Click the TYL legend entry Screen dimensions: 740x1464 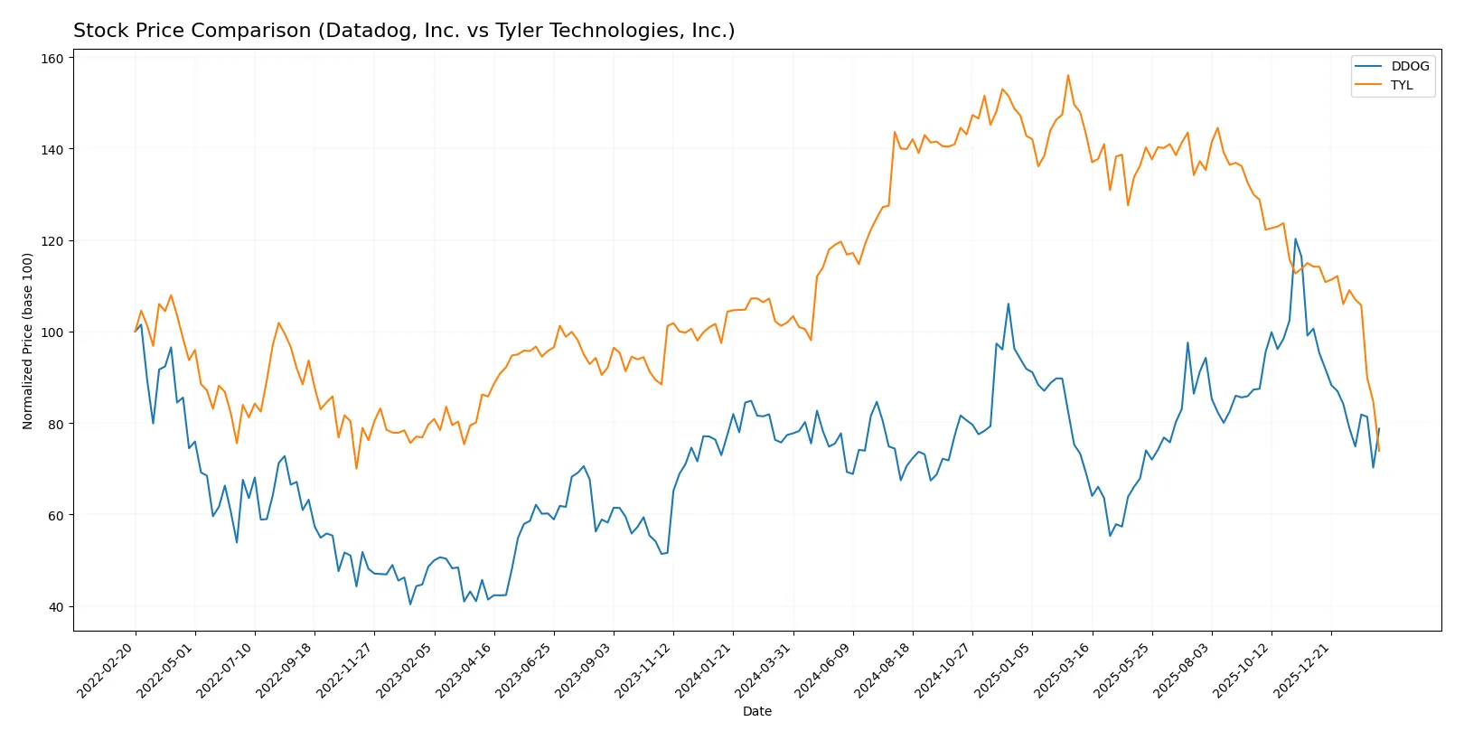(x=1401, y=85)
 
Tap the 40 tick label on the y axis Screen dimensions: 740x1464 (x=56, y=606)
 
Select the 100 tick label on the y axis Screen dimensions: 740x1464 (x=52, y=333)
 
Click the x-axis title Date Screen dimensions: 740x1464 (x=756, y=711)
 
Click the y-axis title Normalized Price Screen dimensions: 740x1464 (x=27, y=341)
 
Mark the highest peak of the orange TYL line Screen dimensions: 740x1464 (x=1068, y=75)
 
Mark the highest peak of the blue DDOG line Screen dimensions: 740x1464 (x=1295, y=239)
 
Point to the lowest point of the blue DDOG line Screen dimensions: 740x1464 (x=410, y=604)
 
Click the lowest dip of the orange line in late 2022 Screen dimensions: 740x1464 (x=356, y=468)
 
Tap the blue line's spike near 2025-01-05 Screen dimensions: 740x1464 (x=1009, y=304)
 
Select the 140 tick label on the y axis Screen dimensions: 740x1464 (x=52, y=149)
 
